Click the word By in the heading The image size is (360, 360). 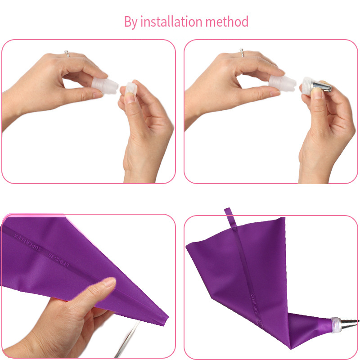(131, 22)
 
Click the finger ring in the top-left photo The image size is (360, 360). (67, 54)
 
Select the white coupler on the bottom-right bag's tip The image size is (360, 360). (336, 323)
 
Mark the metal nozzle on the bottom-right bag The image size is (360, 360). (351, 321)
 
